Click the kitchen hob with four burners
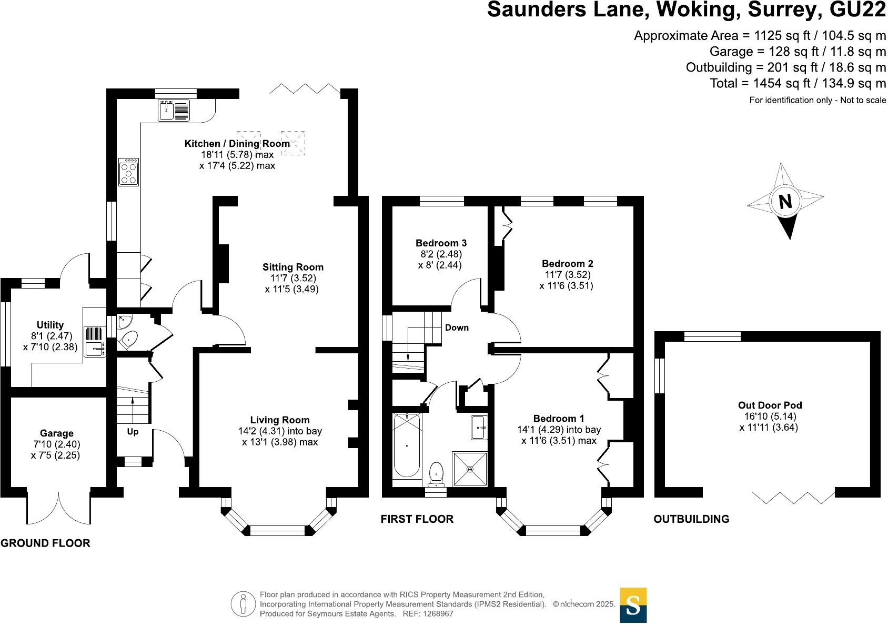point(128,172)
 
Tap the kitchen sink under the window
point(174,110)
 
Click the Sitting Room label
point(293,267)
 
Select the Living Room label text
point(280,420)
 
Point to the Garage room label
point(57,433)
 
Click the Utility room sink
point(95,341)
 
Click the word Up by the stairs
point(133,432)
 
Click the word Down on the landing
point(457,328)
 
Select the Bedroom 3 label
point(441,243)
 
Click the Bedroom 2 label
point(567,263)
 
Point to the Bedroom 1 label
point(559,418)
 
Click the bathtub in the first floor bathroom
point(407,445)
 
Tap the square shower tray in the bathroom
point(470,469)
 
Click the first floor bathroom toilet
point(437,474)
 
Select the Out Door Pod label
point(770,405)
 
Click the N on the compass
point(785,202)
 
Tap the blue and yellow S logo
point(633,605)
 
